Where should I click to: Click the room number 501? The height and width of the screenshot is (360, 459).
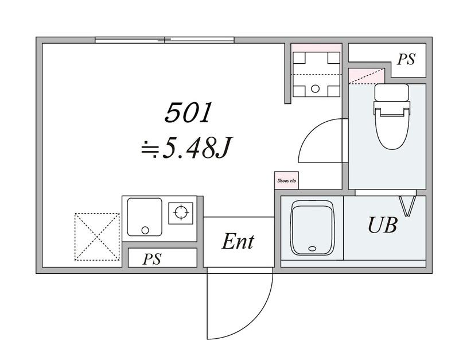pos(188,113)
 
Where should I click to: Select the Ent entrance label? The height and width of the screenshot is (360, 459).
pos(238,241)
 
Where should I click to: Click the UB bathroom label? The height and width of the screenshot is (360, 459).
pos(383,225)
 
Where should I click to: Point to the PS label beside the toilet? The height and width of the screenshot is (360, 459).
pos(406,60)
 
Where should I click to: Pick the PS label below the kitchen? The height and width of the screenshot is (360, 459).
pos(152,259)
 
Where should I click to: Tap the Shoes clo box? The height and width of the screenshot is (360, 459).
pos(286,180)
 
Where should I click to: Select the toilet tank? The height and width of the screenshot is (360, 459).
pos(392,92)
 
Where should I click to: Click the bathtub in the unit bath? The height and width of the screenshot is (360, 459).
pos(312,228)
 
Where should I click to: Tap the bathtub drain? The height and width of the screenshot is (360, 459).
pos(312,249)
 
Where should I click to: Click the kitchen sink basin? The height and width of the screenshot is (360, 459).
pos(145,217)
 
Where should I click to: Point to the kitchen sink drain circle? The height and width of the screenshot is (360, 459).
pos(145,230)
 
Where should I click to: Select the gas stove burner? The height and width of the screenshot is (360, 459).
pos(181,212)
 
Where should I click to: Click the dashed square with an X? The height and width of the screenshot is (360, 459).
pos(97,237)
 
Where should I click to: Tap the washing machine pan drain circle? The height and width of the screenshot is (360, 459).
pos(315,88)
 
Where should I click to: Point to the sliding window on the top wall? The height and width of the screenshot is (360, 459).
pos(165,40)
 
